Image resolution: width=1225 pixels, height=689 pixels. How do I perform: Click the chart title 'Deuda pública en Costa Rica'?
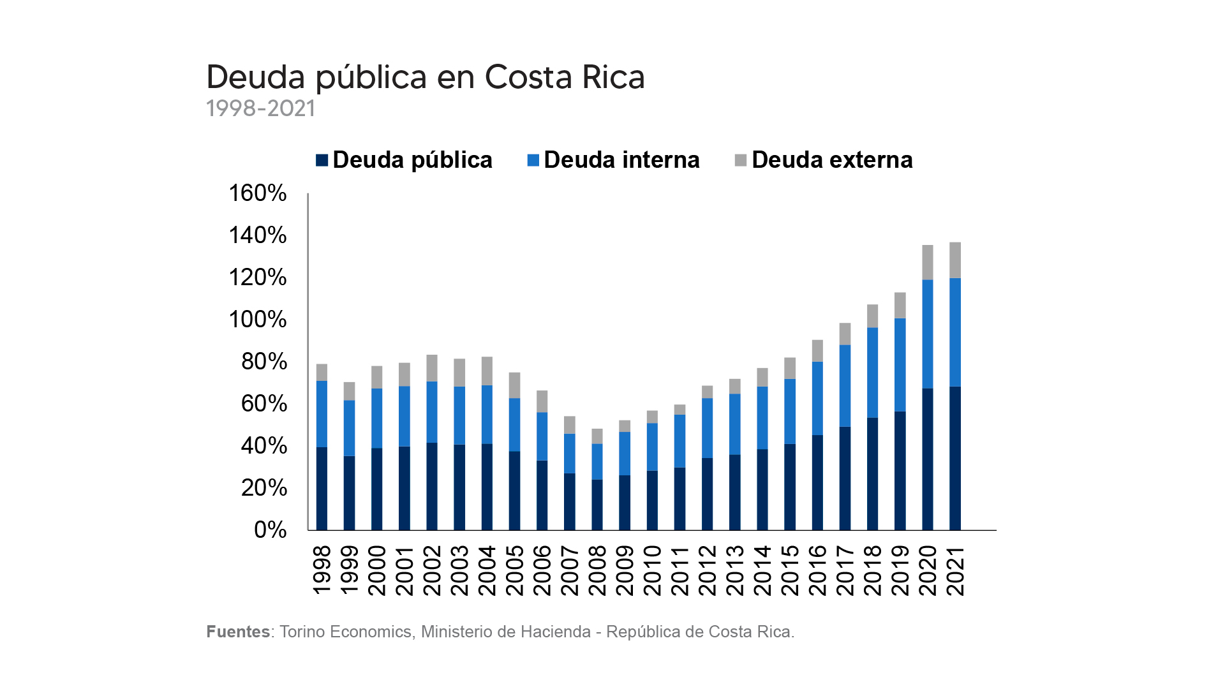(426, 77)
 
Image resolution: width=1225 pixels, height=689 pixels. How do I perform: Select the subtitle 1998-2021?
(260, 108)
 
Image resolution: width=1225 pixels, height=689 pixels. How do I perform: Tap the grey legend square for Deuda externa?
(741, 160)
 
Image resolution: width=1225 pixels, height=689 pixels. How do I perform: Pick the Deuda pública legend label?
(412, 159)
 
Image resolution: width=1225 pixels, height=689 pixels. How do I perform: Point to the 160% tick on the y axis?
(258, 193)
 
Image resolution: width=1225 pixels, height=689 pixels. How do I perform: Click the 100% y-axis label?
(258, 320)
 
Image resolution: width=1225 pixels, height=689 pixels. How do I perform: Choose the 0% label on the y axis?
(270, 530)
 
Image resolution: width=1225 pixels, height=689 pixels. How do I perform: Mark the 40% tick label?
(264, 446)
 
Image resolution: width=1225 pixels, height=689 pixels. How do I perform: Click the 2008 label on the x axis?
(597, 570)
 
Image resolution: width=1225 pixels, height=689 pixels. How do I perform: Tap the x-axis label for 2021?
(956, 570)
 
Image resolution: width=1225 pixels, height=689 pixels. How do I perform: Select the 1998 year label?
(322, 570)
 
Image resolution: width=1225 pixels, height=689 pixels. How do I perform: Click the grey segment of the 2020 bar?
(928, 262)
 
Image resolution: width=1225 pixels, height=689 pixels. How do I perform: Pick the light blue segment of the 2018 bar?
(873, 373)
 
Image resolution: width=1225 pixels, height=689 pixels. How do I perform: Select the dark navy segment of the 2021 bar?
(955, 458)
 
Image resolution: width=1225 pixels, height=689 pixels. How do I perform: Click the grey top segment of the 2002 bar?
(432, 368)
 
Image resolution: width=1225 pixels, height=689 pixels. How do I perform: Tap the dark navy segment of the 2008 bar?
(597, 505)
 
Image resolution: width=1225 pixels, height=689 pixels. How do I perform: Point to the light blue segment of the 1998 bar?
(322, 414)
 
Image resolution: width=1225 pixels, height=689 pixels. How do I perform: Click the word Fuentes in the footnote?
(238, 632)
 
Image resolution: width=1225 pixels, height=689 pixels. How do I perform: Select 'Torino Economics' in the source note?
(345, 632)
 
